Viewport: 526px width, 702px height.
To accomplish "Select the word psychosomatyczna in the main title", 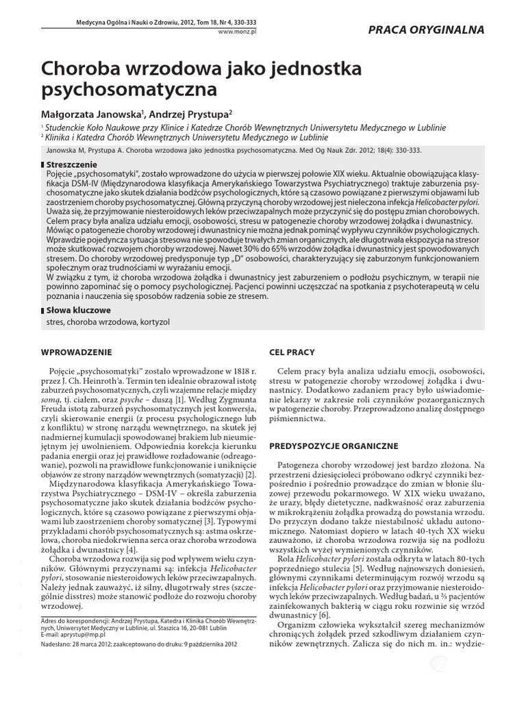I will tap(129, 89).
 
